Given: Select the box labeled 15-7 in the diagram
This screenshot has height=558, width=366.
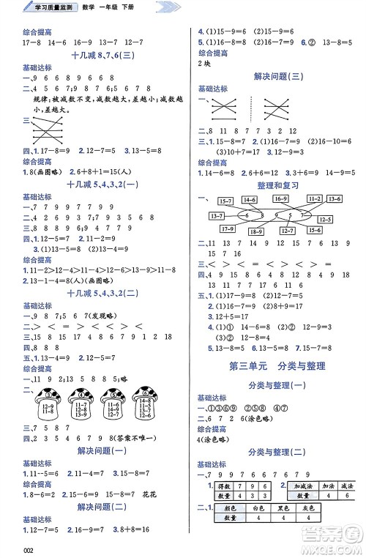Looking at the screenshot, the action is pyautogui.click(x=227, y=200).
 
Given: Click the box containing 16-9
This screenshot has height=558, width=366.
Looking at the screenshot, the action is pyautogui.click(x=280, y=198).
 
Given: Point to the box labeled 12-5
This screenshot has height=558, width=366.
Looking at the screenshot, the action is pyautogui.click(x=325, y=220).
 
